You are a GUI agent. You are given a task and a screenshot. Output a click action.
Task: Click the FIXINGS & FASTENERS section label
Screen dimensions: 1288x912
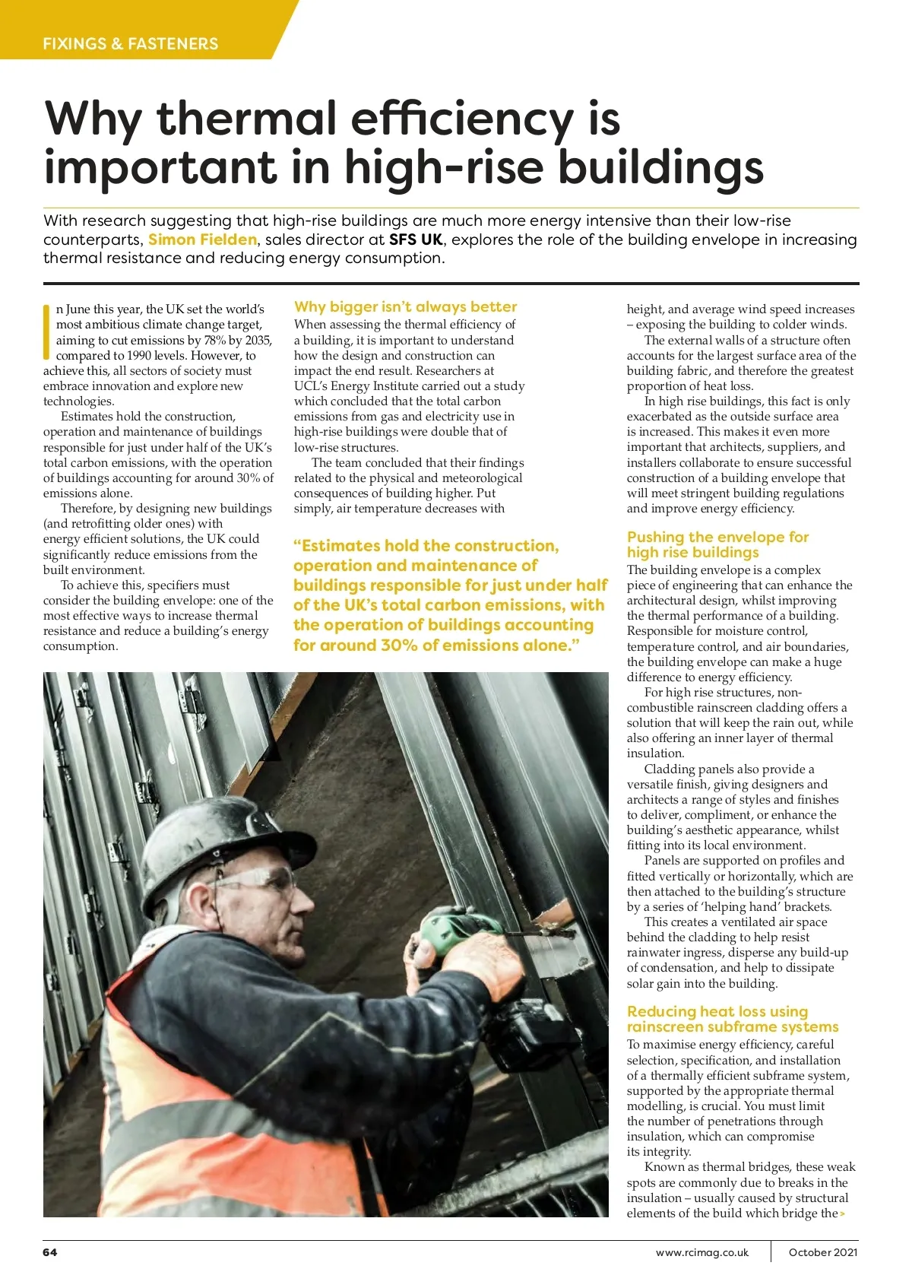click(x=130, y=43)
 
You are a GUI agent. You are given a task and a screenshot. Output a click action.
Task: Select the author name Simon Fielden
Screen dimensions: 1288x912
click(x=202, y=240)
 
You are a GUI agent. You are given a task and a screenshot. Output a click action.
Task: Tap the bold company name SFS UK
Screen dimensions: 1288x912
click(x=415, y=240)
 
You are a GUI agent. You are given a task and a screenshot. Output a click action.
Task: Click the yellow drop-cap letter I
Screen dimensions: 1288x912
click(x=47, y=332)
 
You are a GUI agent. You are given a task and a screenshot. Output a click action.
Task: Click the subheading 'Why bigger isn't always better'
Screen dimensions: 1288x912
click(x=405, y=306)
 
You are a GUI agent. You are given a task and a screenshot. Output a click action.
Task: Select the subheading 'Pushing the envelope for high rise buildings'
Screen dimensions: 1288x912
click(x=717, y=544)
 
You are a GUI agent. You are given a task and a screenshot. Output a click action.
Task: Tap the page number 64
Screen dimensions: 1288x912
click(x=50, y=1252)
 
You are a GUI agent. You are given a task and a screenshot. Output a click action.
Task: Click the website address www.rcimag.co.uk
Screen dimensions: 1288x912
click(x=701, y=1252)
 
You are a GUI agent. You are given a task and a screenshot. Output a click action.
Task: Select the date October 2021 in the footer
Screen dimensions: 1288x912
click(x=823, y=1252)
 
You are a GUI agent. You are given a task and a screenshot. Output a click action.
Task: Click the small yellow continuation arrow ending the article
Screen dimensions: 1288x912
click(x=842, y=1213)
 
